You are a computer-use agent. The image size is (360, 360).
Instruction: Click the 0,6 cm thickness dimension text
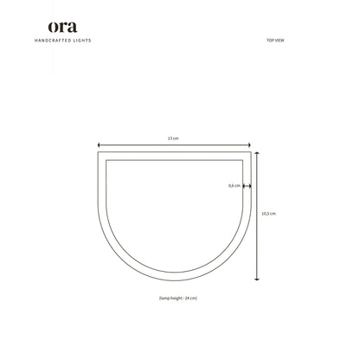coord(233,186)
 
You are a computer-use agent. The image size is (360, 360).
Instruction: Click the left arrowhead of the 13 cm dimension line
coord(99,145)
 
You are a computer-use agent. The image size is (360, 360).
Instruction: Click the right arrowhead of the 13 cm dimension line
coord(252,145)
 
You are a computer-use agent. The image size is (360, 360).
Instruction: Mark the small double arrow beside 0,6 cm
coord(247,186)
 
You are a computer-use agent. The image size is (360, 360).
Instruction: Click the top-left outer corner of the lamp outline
coord(98,153)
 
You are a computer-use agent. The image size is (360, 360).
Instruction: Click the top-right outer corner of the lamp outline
coord(253,153)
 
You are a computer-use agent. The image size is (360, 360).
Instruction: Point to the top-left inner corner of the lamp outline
coord(106,160)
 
